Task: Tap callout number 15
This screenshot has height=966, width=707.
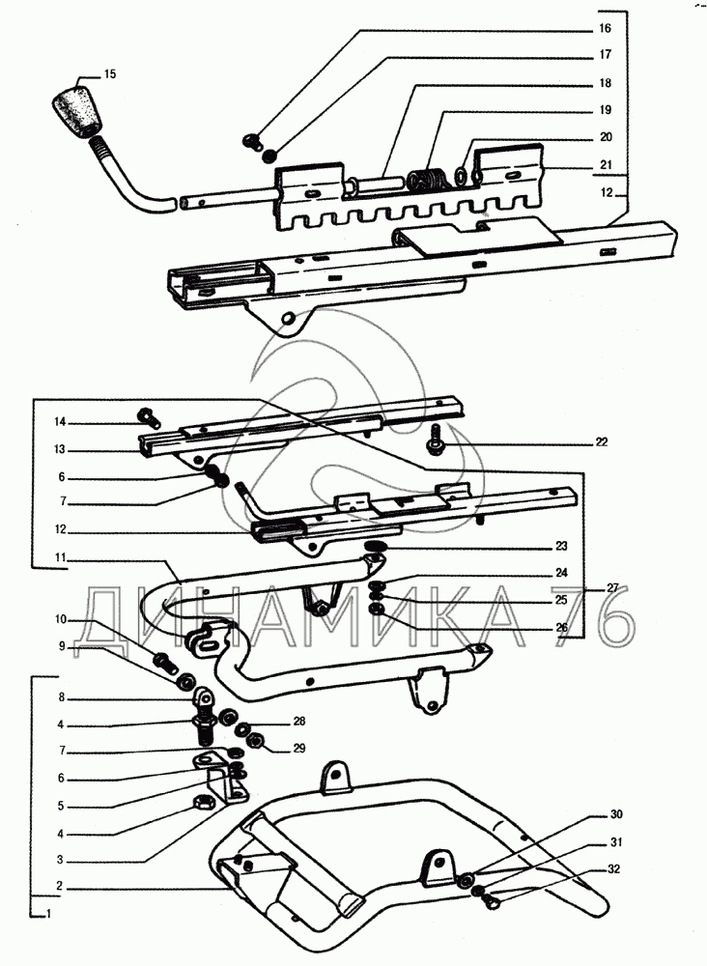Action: (109, 73)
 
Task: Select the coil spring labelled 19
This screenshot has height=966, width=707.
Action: (425, 181)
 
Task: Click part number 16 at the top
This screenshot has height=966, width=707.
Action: (606, 29)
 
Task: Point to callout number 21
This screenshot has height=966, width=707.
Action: (606, 164)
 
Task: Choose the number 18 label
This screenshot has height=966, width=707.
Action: (606, 83)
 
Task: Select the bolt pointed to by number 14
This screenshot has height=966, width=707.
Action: (149, 415)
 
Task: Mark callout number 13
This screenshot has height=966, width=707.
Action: (60, 449)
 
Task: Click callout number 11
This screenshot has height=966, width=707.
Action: (60, 557)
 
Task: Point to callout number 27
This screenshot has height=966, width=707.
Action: (612, 587)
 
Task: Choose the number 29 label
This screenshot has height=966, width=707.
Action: (298, 749)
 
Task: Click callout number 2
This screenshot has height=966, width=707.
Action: (60, 884)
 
